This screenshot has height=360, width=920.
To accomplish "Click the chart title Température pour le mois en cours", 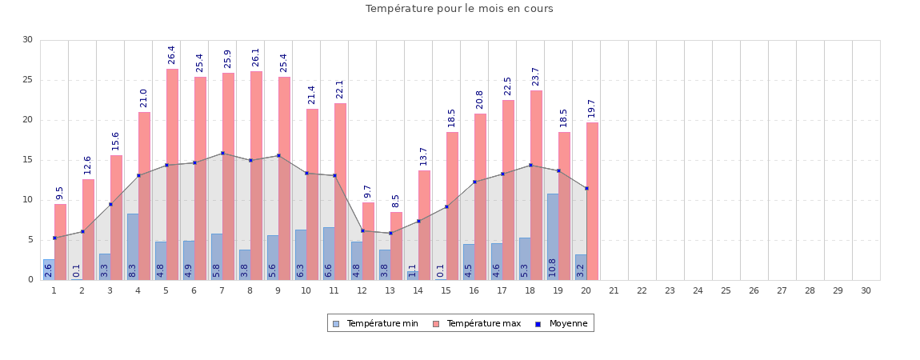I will [x=459, y=9].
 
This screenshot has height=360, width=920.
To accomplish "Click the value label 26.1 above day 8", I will [x=256, y=57].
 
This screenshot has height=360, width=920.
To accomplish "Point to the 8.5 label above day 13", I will [x=396, y=201].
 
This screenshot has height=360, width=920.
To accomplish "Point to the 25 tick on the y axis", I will [x=27, y=80].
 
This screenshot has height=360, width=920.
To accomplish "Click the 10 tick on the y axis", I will [x=27, y=200].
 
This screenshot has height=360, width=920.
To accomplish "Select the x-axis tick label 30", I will [x=866, y=290].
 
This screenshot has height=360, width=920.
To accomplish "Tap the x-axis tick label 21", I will [x=614, y=290].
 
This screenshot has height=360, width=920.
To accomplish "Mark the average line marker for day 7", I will [x=222, y=153].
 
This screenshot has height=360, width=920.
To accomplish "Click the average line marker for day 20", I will [x=586, y=188].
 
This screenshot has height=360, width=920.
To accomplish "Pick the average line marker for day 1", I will [x=54, y=238].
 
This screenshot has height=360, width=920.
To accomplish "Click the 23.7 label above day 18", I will [x=536, y=76].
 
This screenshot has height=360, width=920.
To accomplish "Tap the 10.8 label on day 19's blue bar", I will [x=552, y=267].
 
